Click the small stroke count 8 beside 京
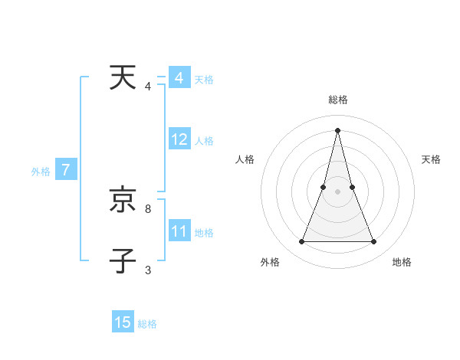click(x=148, y=208)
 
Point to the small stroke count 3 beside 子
click(x=148, y=270)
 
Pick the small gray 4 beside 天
click(x=148, y=86)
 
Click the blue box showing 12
click(x=179, y=139)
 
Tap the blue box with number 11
click(x=179, y=231)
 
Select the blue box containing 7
click(x=66, y=170)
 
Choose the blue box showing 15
click(x=123, y=322)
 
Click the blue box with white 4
click(x=179, y=78)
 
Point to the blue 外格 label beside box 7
click(x=41, y=172)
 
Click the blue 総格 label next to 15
click(x=147, y=324)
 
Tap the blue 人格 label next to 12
click(x=204, y=141)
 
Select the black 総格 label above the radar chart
click(x=337, y=100)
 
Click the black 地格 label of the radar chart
click(x=402, y=263)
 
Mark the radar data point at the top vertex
click(x=337, y=130)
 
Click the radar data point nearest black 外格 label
click(x=301, y=242)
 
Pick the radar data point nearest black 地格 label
click(x=373, y=242)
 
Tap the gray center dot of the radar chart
click(x=337, y=191)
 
